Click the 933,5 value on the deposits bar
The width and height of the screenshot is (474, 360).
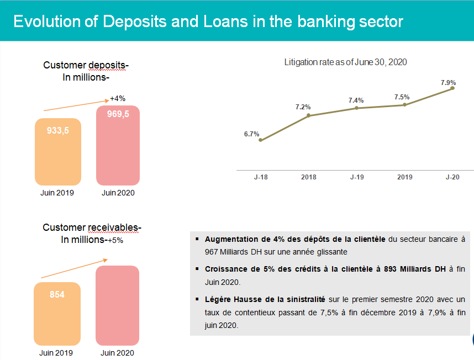point(58,130)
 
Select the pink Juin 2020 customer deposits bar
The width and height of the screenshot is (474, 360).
point(118,145)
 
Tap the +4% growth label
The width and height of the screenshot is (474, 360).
point(118,98)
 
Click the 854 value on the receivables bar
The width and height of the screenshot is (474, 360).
point(57,294)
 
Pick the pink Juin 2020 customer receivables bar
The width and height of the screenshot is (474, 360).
point(117,305)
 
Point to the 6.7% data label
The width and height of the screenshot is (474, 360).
point(251,134)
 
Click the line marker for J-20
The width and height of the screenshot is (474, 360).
point(452,88)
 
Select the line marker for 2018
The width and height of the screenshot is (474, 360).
point(308,115)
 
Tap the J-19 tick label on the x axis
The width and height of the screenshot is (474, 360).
point(357,177)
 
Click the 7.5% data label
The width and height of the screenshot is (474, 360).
point(402,97)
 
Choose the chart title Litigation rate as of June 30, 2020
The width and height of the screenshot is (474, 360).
point(345,62)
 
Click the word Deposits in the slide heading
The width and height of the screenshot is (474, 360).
point(135,22)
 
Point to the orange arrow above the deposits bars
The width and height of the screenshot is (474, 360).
point(76,105)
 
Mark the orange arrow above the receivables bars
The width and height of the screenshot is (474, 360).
point(74,268)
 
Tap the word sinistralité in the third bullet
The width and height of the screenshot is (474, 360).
point(306,299)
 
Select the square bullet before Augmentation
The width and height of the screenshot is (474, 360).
point(197,239)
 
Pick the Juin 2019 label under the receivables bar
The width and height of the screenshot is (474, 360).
point(56,353)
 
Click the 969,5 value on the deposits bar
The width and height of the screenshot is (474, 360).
point(118,114)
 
